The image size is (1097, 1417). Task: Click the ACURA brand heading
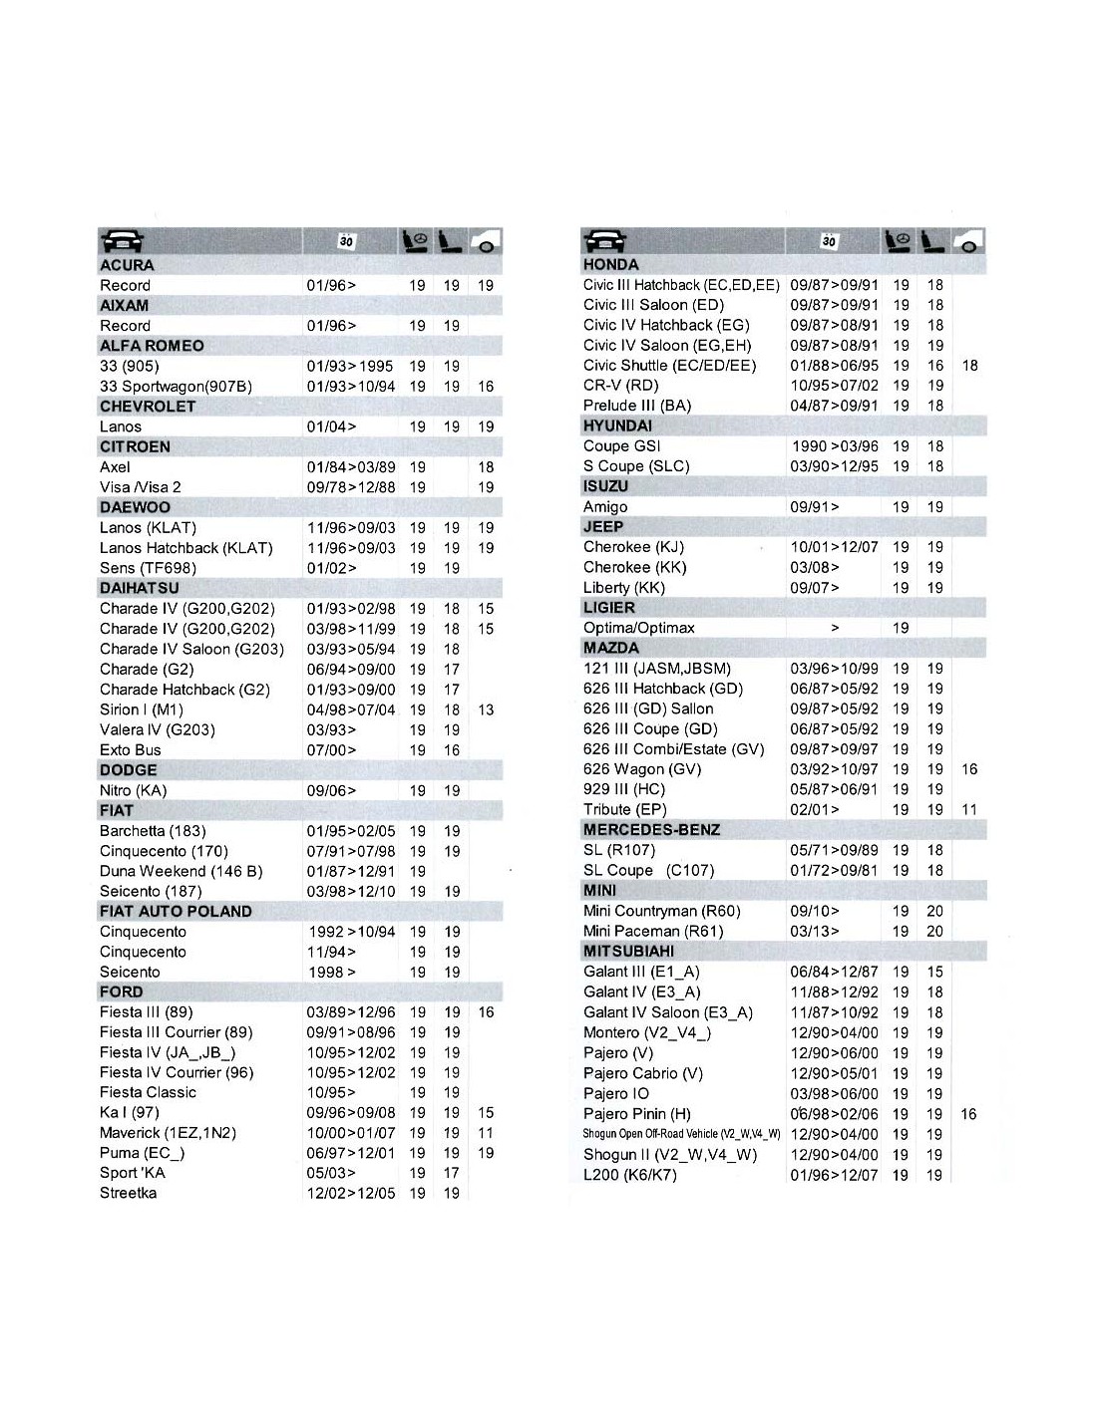point(127,265)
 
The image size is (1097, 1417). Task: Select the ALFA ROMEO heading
point(152,346)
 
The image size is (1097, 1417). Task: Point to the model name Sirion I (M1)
point(142,709)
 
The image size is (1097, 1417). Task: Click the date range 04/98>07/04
point(350,709)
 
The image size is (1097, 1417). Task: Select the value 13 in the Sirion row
point(486,709)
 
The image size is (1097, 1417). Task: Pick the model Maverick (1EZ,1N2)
point(168,1133)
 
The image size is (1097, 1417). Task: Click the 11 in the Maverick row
point(486,1133)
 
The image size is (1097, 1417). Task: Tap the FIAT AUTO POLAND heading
point(176,911)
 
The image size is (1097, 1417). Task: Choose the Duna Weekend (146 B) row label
point(181,871)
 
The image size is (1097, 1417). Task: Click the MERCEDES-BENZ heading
point(651,830)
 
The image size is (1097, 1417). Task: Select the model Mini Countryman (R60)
point(662,911)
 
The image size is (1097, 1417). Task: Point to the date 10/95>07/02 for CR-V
point(834,386)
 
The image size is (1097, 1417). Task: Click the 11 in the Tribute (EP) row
point(969,809)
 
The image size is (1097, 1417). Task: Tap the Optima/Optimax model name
point(639,628)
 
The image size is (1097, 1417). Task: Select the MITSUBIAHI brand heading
point(628,951)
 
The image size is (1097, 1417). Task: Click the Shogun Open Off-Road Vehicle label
point(681,1134)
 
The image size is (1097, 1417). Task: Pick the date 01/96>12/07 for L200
point(834,1175)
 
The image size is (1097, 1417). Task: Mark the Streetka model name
point(128,1193)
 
